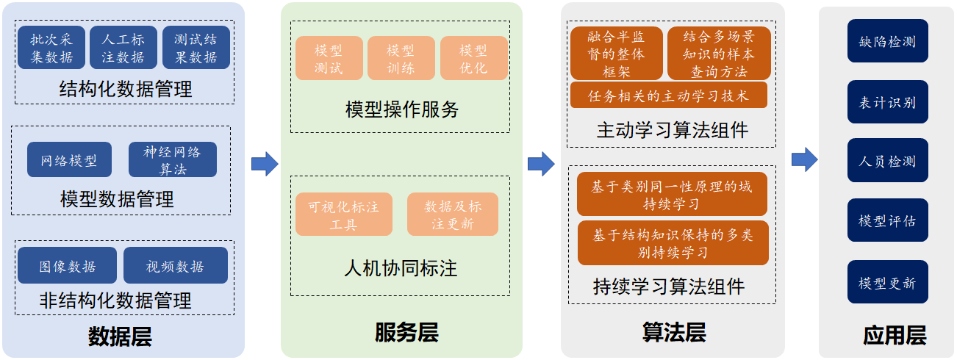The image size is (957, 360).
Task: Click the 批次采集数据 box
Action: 51,48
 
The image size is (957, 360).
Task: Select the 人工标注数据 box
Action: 123,48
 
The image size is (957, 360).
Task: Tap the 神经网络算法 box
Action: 173,159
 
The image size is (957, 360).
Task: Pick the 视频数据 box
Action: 176,265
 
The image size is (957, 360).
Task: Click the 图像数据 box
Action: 68,265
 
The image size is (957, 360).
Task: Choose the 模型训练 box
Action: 401,58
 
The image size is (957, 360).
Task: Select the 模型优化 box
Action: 474,58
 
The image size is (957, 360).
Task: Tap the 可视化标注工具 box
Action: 344,215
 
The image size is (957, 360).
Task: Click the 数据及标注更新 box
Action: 453,215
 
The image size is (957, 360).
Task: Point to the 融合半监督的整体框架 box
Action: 617,54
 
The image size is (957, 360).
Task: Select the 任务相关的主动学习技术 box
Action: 669,96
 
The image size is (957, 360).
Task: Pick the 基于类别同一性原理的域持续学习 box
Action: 672,194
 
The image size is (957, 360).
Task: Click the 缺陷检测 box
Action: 888,41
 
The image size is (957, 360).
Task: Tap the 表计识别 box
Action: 888,102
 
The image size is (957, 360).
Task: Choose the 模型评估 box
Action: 888,220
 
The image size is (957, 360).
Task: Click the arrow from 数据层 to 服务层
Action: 265,164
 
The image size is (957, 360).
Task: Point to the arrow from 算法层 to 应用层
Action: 805,159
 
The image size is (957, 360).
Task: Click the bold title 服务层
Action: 406,332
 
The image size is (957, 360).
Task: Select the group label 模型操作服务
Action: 402,109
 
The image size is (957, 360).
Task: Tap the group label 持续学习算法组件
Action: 669,286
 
